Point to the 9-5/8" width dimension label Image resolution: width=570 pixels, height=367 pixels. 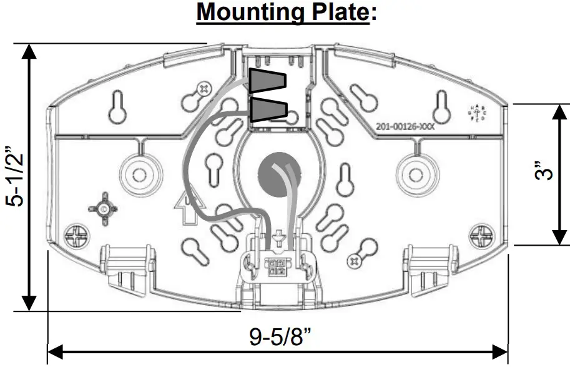coord(280,338)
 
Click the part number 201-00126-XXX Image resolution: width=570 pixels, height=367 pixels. coord(405,126)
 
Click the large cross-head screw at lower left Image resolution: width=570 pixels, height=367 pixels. coord(80,238)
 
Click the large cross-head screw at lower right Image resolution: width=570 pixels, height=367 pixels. coord(482,238)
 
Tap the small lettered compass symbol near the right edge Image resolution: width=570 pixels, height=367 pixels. coord(478,114)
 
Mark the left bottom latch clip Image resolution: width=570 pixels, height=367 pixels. coord(127,266)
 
